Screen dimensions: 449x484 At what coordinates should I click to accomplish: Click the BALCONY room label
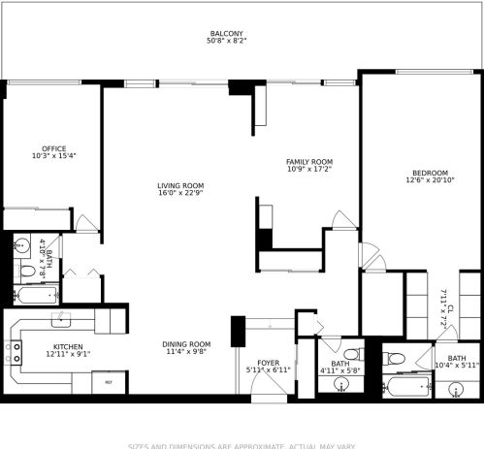(228, 34)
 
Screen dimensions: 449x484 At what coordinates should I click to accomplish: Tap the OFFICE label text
(40, 147)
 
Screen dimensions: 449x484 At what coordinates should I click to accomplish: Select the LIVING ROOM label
(180, 185)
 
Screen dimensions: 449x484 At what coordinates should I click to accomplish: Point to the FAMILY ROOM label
(308, 161)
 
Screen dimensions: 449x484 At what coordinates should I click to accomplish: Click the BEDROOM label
(427, 172)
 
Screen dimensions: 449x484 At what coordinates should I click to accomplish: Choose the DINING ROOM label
(187, 344)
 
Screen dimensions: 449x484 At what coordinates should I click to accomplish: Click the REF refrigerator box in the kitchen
(109, 382)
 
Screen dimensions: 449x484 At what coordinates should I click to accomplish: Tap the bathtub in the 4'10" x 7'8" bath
(37, 294)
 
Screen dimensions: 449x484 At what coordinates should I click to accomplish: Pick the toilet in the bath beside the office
(22, 247)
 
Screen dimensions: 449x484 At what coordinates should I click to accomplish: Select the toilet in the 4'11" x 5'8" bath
(350, 352)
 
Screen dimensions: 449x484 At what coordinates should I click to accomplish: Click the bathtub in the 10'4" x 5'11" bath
(407, 386)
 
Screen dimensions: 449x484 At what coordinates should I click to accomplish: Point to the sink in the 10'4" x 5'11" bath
(457, 390)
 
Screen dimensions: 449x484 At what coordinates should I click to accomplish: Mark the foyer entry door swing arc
(265, 386)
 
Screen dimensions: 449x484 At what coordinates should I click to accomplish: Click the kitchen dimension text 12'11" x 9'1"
(67, 355)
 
